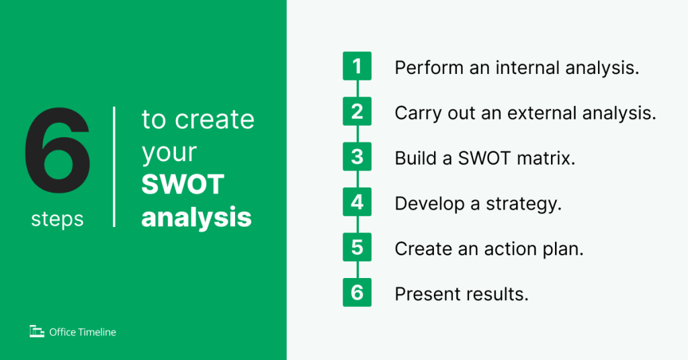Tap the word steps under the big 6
point(57,219)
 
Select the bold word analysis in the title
point(196,217)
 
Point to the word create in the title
point(214,120)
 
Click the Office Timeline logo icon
point(36,331)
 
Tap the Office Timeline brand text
point(83,332)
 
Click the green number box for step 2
point(357,111)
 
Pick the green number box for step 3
point(357,156)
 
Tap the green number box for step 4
point(357,202)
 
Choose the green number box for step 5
point(357,247)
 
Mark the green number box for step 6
point(357,293)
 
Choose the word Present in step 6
point(424,294)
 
